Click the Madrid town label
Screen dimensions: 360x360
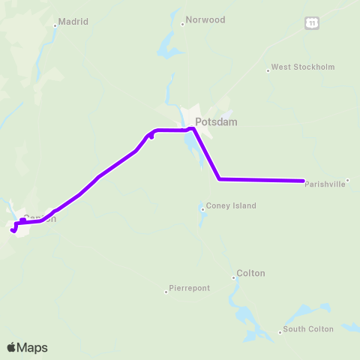[x=74, y=22]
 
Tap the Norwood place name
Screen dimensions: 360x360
[x=205, y=19]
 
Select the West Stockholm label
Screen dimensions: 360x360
[x=302, y=67]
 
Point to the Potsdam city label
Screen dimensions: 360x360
[x=216, y=121]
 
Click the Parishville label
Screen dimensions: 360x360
[x=325, y=184]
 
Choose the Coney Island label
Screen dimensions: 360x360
[x=230, y=205]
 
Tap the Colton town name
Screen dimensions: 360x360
[x=250, y=274]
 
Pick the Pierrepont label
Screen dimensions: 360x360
[x=190, y=288]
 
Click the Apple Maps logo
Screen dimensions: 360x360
[x=27, y=347]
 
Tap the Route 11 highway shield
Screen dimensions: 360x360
[x=312, y=24]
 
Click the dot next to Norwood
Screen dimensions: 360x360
[x=182, y=23]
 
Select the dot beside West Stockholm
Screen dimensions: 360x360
[x=268, y=70]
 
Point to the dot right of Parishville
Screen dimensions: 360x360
[x=347, y=180]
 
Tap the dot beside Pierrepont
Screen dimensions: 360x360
[x=166, y=291]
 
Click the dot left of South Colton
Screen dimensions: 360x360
[x=280, y=331]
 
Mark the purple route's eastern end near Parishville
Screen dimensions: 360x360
[x=303, y=181]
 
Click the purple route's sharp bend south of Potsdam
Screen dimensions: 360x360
[x=219, y=178]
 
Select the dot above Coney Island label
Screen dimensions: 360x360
[x=202, y=209]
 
